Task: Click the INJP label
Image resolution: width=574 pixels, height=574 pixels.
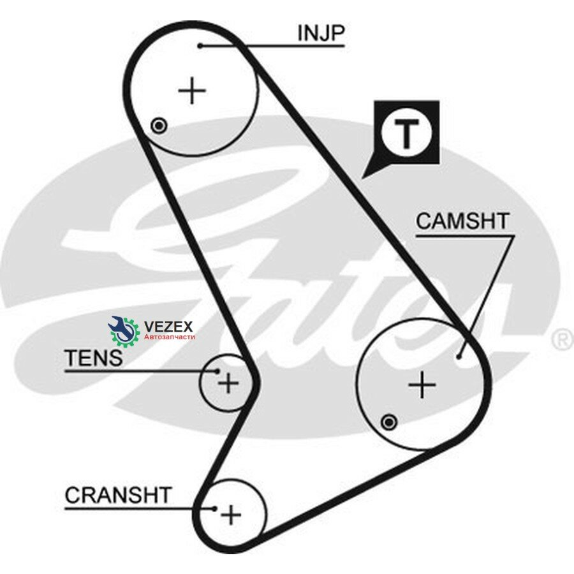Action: (321, 33)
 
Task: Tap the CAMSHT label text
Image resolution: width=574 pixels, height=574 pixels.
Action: (462, 221)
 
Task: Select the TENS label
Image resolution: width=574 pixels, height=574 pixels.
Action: (93, 358)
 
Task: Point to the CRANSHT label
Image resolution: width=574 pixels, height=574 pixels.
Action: (118, 495)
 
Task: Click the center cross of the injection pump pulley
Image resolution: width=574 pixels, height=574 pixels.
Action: (192, 90)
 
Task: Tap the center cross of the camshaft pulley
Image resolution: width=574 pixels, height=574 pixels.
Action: (422, 385)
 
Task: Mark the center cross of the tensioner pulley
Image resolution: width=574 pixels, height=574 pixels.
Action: (228, 383)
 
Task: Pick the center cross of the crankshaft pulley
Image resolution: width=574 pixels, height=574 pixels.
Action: (231, 515)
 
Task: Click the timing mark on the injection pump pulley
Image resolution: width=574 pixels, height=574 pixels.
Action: (159, 126)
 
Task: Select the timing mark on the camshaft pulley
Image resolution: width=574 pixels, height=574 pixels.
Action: (389, 422)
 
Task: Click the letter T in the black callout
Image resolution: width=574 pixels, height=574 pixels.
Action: (406, 133)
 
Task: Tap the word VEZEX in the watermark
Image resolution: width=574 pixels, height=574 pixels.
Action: (168, 326)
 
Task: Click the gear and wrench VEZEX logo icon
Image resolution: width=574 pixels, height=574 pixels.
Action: (124, 331)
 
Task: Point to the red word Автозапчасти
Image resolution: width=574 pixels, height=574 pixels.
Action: (170, 337)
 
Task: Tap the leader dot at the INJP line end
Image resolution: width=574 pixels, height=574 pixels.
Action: (200, 46)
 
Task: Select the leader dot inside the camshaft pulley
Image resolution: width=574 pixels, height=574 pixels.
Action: (459, 356)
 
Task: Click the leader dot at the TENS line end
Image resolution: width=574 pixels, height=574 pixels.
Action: (218, 371)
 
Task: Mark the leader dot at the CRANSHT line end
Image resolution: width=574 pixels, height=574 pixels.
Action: (215, 508)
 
